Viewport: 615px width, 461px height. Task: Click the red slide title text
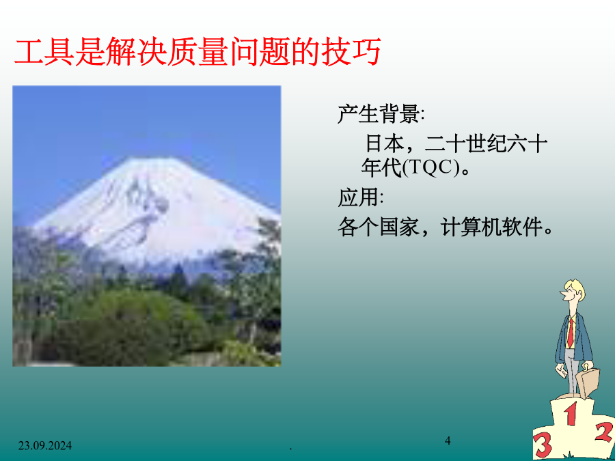tap(197, 51)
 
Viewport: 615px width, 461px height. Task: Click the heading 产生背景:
tap(381, 115)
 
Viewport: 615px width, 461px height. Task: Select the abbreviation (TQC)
tap(430, 169)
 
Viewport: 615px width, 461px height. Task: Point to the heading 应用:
tap(360, 197)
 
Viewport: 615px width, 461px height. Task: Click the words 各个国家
tap(379, 227)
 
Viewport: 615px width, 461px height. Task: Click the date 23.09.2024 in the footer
tap(44, 446)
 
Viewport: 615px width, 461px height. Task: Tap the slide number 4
tap(448, 441)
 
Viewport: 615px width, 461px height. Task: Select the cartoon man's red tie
tap(571, 333)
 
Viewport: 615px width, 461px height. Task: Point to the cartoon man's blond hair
tap(576, 288)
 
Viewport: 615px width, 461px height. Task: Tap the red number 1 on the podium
tap(571, 415)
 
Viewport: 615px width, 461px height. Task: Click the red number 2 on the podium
tap(604, 432)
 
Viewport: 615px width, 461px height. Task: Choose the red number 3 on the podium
tap(543, 446)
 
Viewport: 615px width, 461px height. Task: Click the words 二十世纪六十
tap(486, 143)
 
